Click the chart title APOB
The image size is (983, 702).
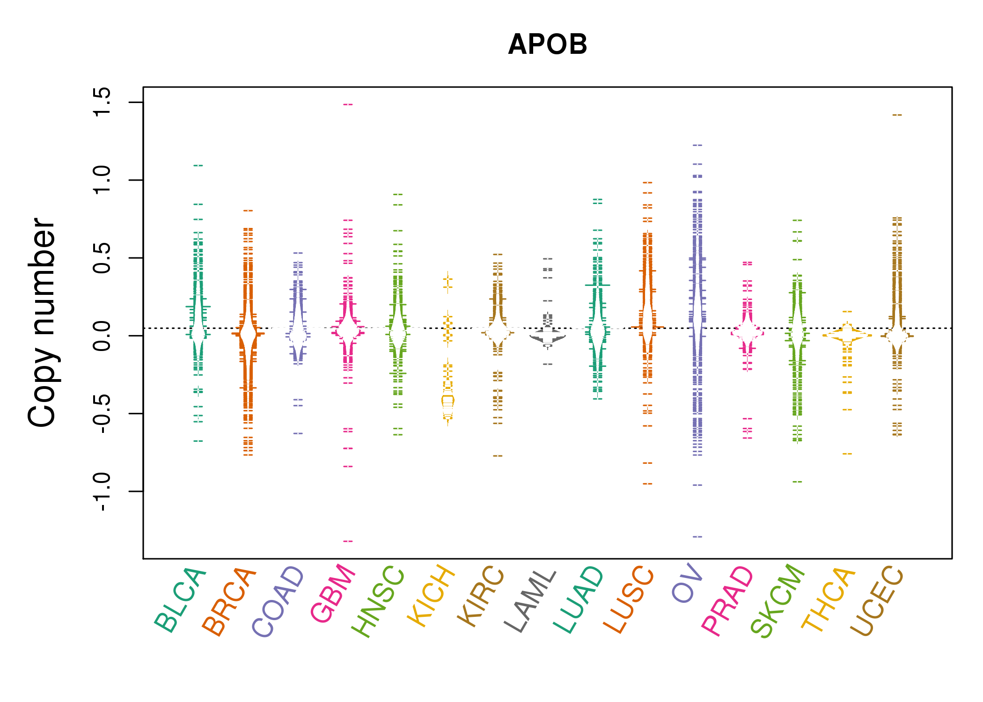(547, 44)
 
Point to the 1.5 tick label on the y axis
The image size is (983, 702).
(102, 102)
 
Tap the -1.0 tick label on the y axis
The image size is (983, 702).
(102, 491)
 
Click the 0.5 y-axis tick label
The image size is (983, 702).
(102, 258)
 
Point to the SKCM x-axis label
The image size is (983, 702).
(777, 601)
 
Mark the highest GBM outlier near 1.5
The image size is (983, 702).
(348, 104)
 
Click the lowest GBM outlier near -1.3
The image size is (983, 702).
(348, 541)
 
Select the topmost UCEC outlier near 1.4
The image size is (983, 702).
(897, 115)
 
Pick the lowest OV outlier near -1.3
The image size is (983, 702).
(697, 536)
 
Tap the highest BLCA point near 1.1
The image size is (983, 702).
(198, 165)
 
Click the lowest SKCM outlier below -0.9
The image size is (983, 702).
(797, 482)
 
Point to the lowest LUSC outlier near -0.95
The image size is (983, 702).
(647, 483)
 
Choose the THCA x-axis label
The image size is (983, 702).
(828, 599)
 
